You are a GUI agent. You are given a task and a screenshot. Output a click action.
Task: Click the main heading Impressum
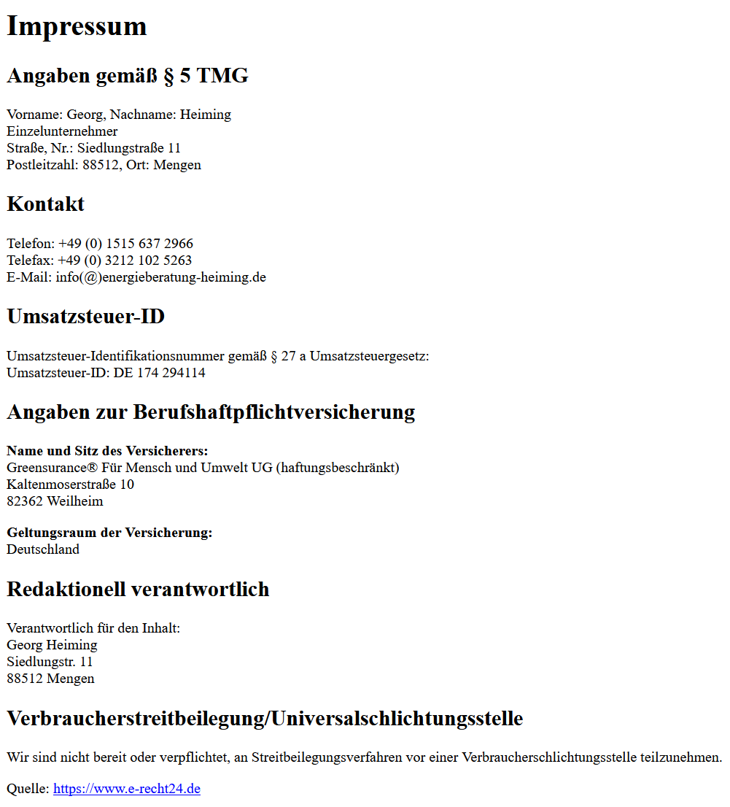coord(77,26)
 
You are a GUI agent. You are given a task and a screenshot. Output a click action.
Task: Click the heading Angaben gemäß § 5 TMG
coord(128,76)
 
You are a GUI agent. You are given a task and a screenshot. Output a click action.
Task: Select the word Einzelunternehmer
coord(62,131)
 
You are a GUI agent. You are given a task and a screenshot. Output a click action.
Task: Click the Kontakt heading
coord(45,204)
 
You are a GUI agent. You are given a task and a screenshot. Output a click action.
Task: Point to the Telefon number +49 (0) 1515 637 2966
coord(125,244)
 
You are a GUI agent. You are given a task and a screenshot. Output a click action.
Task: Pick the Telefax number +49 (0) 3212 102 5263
coord(125,260)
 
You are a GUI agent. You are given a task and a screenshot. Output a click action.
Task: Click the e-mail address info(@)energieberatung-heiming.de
coord(160,277)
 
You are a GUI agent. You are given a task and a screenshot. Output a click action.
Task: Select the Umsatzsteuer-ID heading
coord(85,317)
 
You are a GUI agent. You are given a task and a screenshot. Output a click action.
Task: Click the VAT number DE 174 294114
coord(159,373)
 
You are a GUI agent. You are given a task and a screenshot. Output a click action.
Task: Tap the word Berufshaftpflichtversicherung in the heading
coord(273,412)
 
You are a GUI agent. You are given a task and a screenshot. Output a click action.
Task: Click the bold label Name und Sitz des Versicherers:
coord(107,451)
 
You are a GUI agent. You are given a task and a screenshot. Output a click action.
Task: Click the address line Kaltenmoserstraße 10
coord(70,484)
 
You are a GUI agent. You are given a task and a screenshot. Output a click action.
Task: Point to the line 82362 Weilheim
coord(55,501)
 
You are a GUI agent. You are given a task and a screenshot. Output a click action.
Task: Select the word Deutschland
coord(43,549)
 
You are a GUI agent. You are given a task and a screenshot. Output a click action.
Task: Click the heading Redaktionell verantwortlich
coord(138,590)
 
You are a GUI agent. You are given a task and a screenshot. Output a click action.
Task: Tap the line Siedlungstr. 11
coord(50,662)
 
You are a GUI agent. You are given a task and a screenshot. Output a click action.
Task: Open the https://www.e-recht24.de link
coord(126,789)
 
